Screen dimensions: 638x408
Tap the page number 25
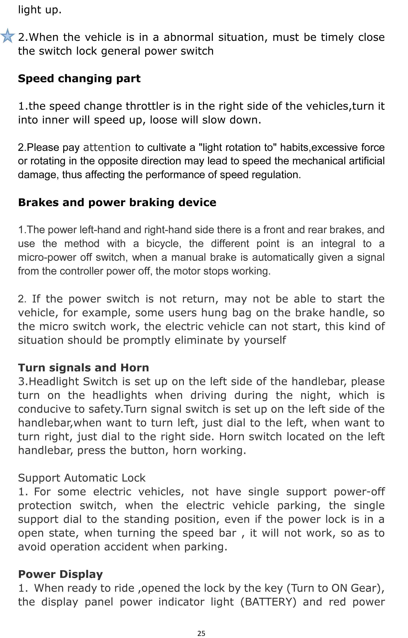click(x=201, y=633)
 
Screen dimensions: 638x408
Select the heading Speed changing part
click(x=79, y=79)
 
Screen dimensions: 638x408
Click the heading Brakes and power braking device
click(x=117, y=203)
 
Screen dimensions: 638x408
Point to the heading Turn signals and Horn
click(x=83, y=368)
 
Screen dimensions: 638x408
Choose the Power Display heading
click(x=60, y=574)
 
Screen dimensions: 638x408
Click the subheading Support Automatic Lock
click(x=82, y=478)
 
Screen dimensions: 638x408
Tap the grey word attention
click(x=107, y=148)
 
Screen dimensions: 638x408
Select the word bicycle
click(x=164, y=244)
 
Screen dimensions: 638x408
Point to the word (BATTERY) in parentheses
click(x=268, y=602)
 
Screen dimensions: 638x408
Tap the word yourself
click(x=265, y=340)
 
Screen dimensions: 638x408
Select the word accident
click(x=126, y=547)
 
